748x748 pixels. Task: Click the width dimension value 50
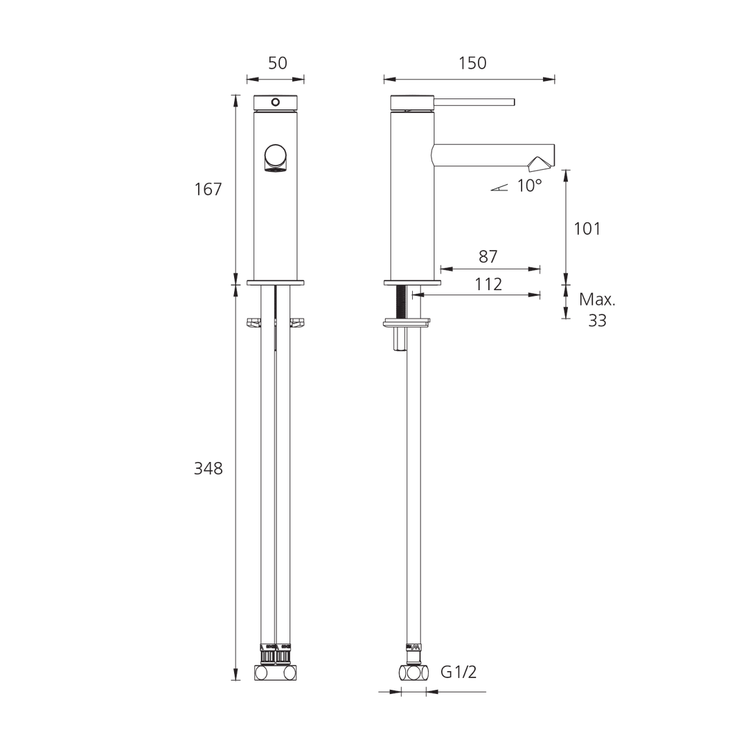coord(277,62)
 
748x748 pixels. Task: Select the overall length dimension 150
coord(472,62)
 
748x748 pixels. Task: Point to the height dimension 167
coord(208,188)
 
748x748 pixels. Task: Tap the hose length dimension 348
coord(208,468)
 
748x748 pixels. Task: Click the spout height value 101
coord(587,228)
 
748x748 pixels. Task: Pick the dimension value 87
coord(488,256)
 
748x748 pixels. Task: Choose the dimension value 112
coord(488,283)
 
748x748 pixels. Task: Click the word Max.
coord(597,300)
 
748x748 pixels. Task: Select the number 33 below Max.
coord(597,320)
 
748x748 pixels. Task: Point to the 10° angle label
coord(528,186)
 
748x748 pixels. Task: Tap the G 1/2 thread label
coord(459,672)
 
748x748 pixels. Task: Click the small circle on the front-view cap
coord(275,103)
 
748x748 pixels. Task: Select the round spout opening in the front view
coord(275,158)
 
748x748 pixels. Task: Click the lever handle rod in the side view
coord(474,103)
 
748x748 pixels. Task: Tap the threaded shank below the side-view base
coord(401,301)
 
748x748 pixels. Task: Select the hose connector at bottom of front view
coord(276,673)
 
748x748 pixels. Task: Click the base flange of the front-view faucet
coord(276,283)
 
